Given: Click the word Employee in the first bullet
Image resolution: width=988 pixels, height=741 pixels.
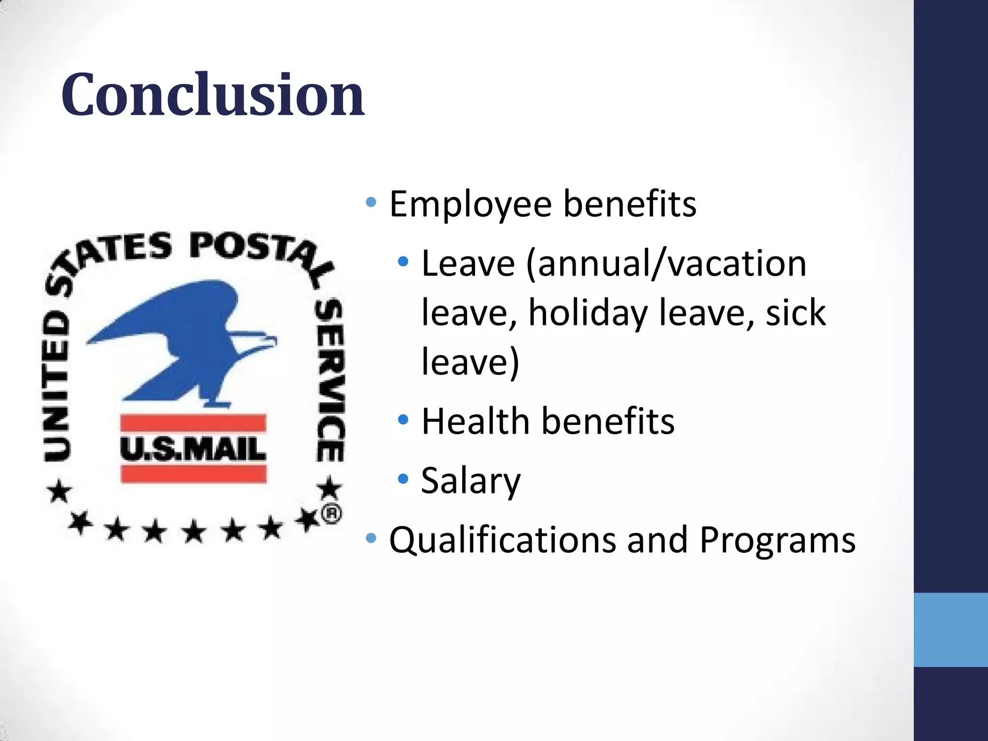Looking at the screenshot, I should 470,204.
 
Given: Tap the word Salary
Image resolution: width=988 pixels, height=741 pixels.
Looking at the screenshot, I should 470,481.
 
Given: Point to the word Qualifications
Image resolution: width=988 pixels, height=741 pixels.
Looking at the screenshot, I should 502,540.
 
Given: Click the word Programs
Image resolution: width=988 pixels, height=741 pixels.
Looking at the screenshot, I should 777,540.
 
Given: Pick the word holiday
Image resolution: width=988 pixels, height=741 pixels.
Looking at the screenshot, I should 588,313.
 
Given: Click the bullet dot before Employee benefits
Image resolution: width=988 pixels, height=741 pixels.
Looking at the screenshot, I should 370,202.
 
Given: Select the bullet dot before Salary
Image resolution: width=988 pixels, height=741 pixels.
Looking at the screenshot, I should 403,479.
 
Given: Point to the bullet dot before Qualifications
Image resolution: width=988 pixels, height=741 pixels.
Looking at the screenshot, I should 370,538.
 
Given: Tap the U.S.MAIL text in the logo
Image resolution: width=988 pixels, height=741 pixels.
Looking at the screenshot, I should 193,449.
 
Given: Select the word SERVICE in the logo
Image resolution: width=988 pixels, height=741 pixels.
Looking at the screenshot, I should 330,381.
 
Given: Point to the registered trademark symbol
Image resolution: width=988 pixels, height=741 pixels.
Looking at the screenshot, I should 331,514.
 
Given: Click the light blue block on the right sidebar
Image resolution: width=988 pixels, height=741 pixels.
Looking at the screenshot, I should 950,630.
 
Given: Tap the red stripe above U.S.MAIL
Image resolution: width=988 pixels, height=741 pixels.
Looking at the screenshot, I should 193,423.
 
